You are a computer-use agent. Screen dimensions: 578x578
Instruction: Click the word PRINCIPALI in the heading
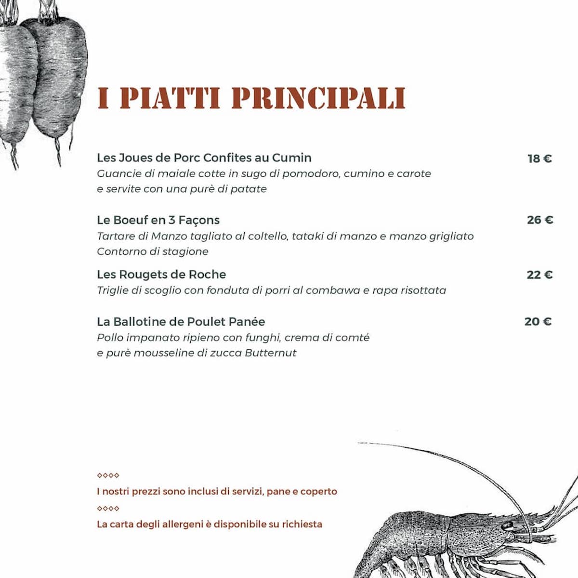point(318,98)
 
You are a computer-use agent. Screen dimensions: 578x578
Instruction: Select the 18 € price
point(539,158)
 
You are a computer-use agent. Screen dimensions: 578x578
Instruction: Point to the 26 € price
point(540,220)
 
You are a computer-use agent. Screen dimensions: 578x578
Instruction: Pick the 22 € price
point(539,275)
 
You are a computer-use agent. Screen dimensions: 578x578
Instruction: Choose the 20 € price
point(538,322)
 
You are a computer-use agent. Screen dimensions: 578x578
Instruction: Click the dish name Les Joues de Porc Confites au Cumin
point(204,158)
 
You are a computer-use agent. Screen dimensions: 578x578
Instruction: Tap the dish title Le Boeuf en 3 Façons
point(158,220)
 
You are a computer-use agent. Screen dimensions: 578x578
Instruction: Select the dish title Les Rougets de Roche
point(161,275)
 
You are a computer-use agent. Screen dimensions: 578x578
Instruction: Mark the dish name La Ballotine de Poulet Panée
point(181,322)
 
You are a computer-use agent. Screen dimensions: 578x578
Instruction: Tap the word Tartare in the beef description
point(116,236)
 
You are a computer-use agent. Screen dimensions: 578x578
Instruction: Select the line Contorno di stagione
point(153,251)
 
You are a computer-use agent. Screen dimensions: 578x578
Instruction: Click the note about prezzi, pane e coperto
point(217,492)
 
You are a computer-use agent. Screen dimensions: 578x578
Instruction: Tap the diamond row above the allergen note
point(108,509)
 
